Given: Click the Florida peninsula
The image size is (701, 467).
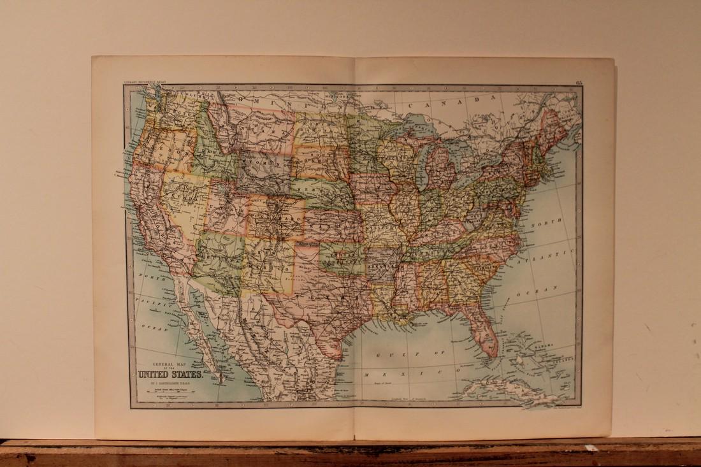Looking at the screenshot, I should coord(487,334).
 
